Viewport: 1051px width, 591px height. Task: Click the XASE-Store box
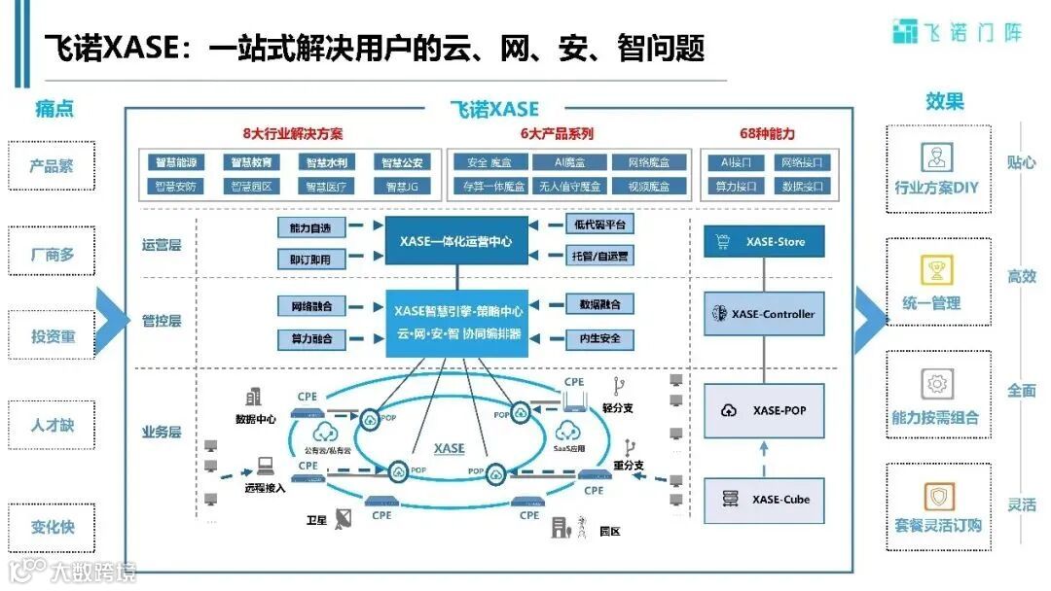763,241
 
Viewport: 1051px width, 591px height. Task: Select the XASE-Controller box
763,314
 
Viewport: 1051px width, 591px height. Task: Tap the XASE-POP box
763,410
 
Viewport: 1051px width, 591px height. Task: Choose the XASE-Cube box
763,500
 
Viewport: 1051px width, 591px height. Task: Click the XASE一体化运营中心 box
456,241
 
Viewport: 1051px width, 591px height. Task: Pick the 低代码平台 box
599,225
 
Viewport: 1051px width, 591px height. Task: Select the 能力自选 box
310,227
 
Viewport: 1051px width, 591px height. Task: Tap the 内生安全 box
599,339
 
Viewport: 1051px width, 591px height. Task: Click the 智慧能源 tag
176,162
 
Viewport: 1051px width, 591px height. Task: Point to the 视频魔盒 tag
649,186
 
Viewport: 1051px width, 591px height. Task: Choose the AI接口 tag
730,162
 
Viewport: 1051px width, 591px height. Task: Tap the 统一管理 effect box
938,281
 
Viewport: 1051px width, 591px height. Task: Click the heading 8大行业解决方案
293,134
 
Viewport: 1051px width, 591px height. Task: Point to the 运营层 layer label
162,245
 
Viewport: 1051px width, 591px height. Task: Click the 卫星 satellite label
318,520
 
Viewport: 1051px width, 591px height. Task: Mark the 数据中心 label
256,419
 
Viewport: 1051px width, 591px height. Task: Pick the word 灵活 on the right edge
1021,504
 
